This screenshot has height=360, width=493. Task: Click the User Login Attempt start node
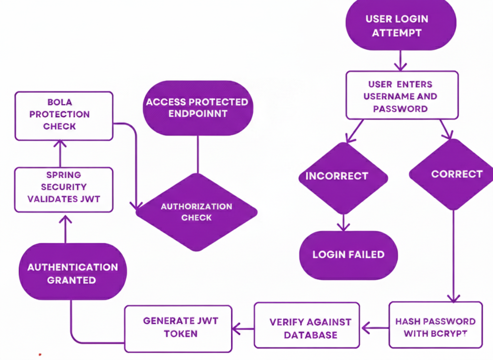[401, 25]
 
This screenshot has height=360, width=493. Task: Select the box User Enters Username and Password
[402, 95]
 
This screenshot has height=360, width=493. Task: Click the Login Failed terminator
[349, 255]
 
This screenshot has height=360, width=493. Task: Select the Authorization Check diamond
[196, 212]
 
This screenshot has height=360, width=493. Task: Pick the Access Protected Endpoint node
[197, 107]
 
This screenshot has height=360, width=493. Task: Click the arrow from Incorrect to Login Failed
[343, 222]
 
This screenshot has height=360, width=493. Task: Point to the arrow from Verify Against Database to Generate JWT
[243, 329]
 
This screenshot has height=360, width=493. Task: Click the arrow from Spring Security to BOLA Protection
[61, 154]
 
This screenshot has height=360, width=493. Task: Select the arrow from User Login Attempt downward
[401, 61]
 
